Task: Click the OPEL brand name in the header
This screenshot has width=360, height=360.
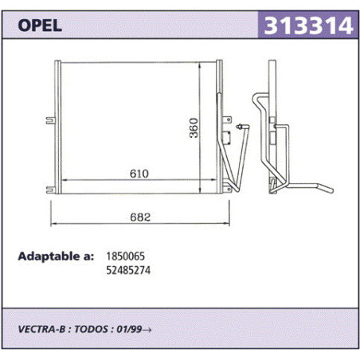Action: coord(40,25)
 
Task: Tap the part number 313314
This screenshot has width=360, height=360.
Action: coord(308,25)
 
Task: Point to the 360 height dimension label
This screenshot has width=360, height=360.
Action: coord(194,127)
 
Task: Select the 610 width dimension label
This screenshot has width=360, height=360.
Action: coord(139,174)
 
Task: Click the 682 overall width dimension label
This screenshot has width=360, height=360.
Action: coord(140,217)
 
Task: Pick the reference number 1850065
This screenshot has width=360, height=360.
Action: coord(126,256)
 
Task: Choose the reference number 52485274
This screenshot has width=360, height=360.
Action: coord(128,270)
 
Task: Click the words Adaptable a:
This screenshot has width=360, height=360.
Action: coord(56,256)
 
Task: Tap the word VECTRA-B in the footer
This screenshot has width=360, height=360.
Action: coord(41,329)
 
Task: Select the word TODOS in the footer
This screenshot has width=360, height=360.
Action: coord(91,329)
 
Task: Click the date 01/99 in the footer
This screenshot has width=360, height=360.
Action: coord(129,329)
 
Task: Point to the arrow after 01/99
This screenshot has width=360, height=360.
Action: coord(147,330)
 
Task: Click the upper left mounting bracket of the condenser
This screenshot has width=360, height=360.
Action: coord(50,120)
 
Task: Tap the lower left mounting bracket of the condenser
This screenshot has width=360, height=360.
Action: coord(50,190)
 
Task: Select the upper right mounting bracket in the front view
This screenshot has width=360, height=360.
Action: coord(227,119)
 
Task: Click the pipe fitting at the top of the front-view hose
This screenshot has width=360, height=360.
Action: coord(240,127)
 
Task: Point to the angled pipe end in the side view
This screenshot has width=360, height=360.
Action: coord(326,188)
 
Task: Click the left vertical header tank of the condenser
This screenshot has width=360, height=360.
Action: coord(57,127)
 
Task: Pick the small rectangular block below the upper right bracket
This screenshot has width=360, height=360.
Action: coord(226,138)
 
